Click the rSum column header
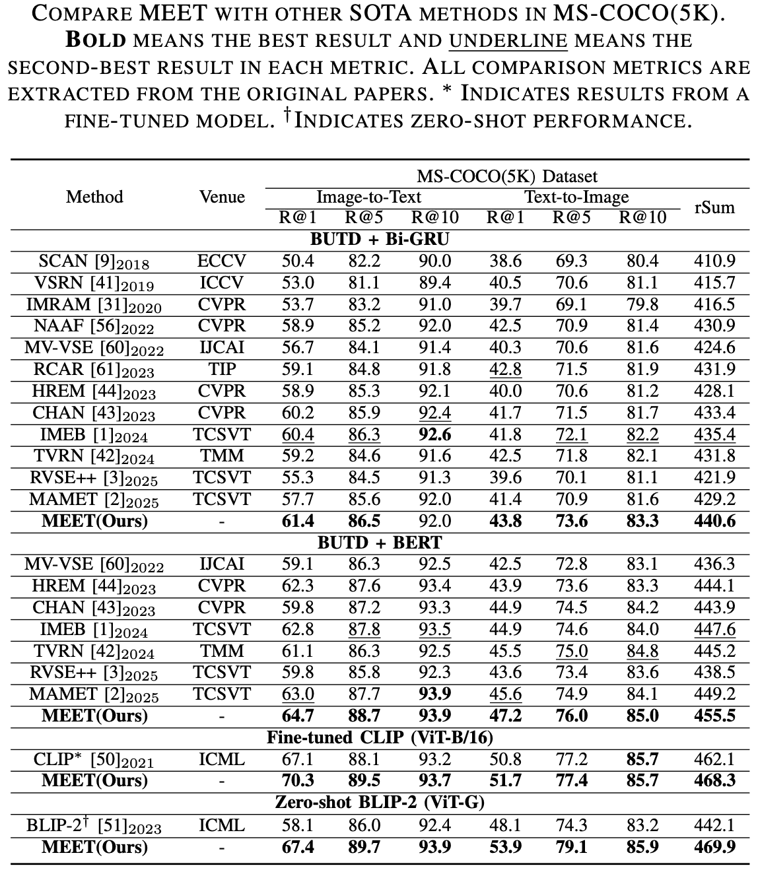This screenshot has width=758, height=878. (714, 207)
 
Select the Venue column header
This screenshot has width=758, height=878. (222, 197)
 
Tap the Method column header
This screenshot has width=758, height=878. (94, 197)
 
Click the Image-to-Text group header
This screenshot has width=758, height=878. (368, 197)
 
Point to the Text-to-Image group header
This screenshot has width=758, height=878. (576, 197)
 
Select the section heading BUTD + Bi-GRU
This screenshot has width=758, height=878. (380, 239)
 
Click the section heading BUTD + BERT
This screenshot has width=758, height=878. (380, 543)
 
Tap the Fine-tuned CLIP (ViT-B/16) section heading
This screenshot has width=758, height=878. (380, 737)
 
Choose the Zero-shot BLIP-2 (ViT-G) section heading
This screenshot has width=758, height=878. (380, 803)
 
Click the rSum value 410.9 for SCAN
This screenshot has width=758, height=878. (714, 261)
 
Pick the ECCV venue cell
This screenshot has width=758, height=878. (222, 261)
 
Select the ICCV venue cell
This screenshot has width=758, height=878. (222, 283)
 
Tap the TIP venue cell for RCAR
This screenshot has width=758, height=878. (222, 369)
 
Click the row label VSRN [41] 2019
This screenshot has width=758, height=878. (94, 283)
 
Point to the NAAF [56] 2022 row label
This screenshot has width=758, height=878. (94, 326)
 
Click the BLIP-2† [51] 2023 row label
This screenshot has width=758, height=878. (94, 825)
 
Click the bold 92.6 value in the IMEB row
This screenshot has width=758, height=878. (435, 434)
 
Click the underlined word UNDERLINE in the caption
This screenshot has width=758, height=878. (508, 40)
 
